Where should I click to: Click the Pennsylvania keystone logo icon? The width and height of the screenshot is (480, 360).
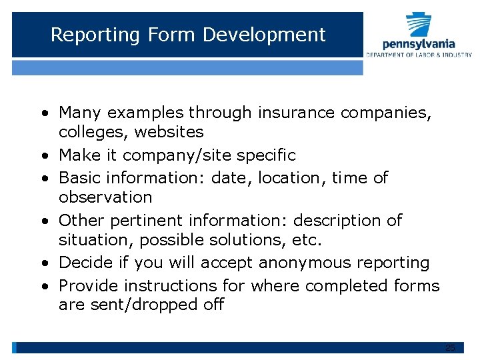(x=419, y=25)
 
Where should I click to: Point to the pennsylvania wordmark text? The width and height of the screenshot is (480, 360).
(x=419, y=44)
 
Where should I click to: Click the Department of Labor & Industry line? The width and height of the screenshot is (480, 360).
(x=419, y=55)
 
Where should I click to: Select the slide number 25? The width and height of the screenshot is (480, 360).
(x=450, y=348)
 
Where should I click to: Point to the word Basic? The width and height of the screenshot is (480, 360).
(x=77, y=178)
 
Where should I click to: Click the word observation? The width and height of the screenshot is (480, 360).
(x=105, y=197)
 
